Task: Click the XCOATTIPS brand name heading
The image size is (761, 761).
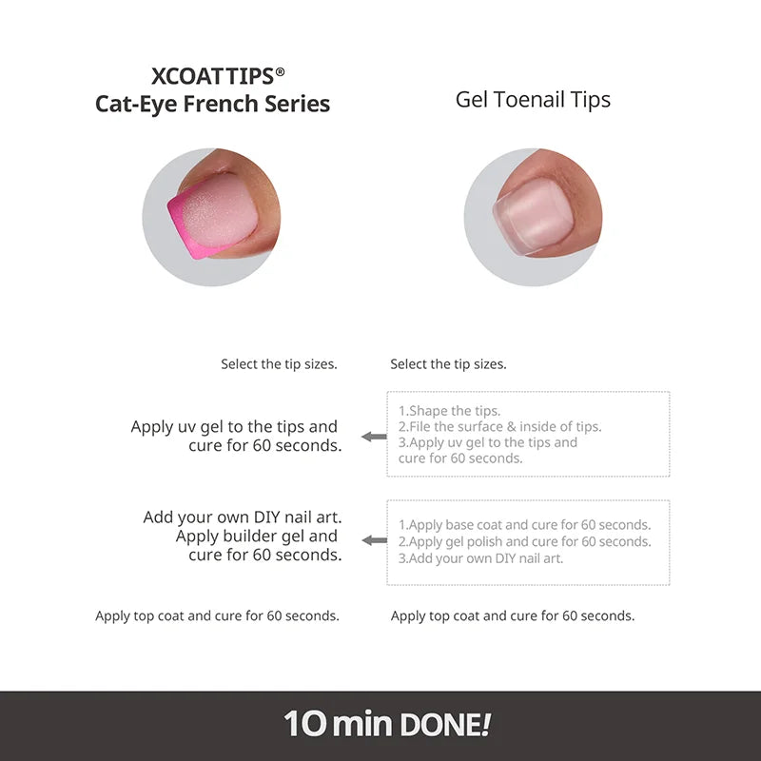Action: (212, 76)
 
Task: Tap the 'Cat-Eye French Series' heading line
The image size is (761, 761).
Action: (212, 104)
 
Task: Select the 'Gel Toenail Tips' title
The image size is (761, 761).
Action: (533, 100)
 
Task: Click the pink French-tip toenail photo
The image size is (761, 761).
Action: (211, 217)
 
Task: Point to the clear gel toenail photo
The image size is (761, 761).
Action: (533, 217)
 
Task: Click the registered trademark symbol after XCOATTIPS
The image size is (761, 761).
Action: (280, 70)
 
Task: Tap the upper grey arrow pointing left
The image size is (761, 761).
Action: (374, 437)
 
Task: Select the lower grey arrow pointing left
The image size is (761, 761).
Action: (374, 540)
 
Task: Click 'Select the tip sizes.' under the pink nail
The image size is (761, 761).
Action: (279, 364)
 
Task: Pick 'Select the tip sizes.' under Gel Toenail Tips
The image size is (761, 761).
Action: (448, 364)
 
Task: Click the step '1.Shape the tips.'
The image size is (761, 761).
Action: (449, 411)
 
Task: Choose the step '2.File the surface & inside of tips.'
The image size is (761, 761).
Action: (499, 427)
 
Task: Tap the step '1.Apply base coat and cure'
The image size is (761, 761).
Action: (524, 525)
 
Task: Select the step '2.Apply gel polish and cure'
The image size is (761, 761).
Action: (524, 542)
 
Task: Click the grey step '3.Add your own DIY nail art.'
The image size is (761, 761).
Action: (480, 558)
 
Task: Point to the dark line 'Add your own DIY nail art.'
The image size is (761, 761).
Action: (243, 517)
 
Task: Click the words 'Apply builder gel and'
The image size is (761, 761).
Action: (257, 537)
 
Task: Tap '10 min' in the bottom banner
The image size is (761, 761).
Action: (338, 725)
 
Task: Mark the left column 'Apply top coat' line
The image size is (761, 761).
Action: (217, 616)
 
